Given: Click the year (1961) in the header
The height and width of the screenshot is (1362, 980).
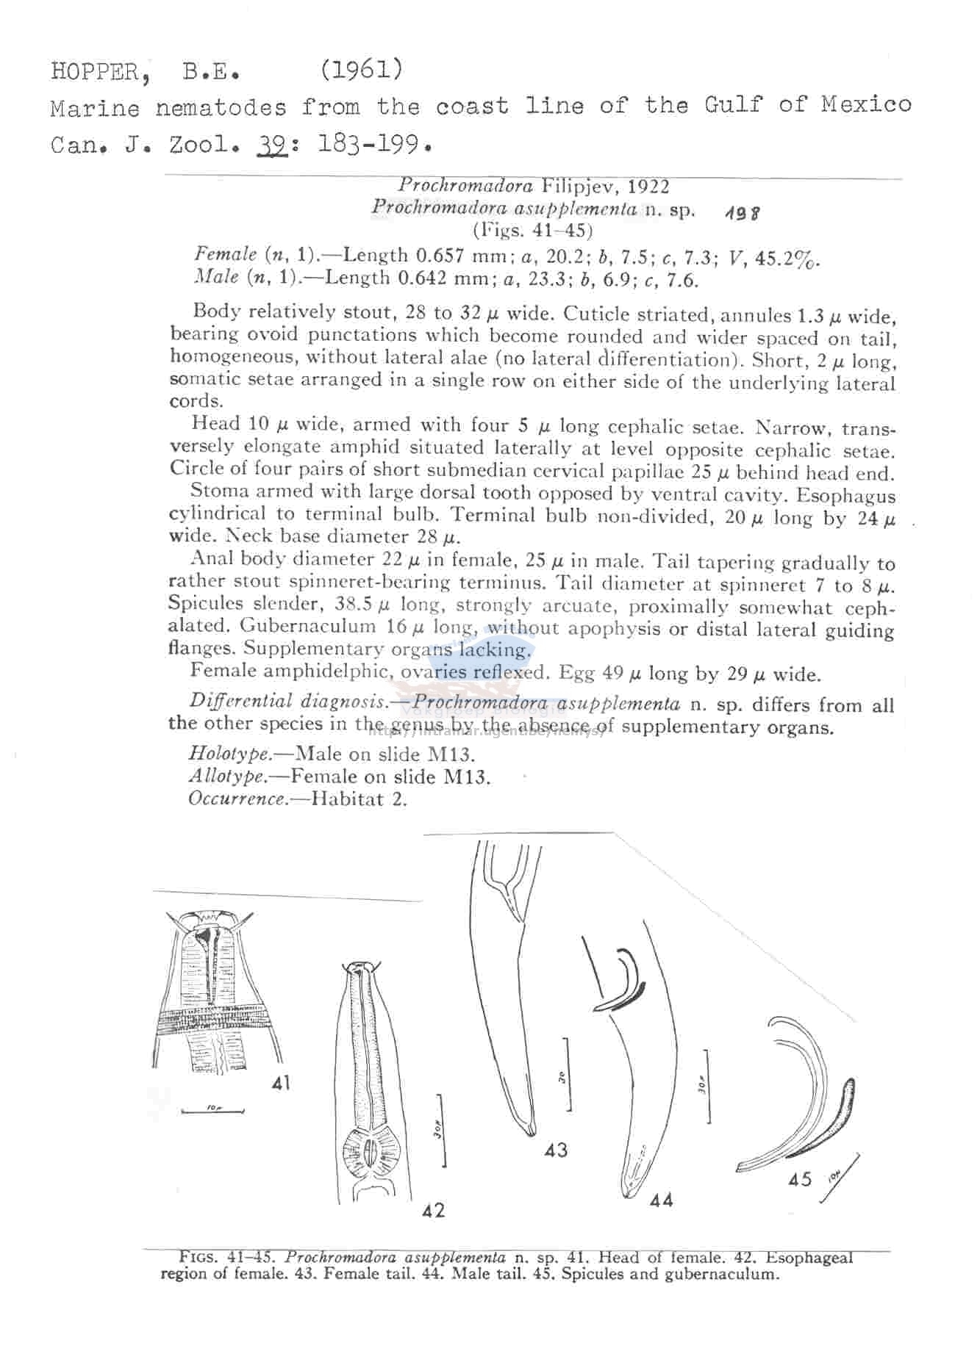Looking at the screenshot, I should tap(361, 69).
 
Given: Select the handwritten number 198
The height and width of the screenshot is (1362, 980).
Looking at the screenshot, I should tap(742, 213).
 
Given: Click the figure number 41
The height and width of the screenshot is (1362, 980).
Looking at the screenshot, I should tap(281, 1082).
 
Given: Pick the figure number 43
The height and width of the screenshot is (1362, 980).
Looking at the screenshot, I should tap(556, 1150).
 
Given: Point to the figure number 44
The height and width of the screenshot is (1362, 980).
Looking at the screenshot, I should tap(661, 1200).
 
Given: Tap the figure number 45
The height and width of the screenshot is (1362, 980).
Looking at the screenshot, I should tap(800, 1179).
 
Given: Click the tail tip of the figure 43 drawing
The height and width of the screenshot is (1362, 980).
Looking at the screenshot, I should tap(531, 1133).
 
